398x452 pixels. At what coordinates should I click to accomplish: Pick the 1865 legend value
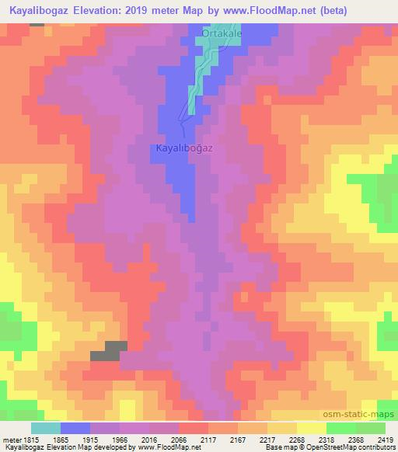70,440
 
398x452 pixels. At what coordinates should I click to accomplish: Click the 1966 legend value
148,440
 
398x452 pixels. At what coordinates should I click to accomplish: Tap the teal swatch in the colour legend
45,428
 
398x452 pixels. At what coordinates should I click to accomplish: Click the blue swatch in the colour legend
75,428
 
